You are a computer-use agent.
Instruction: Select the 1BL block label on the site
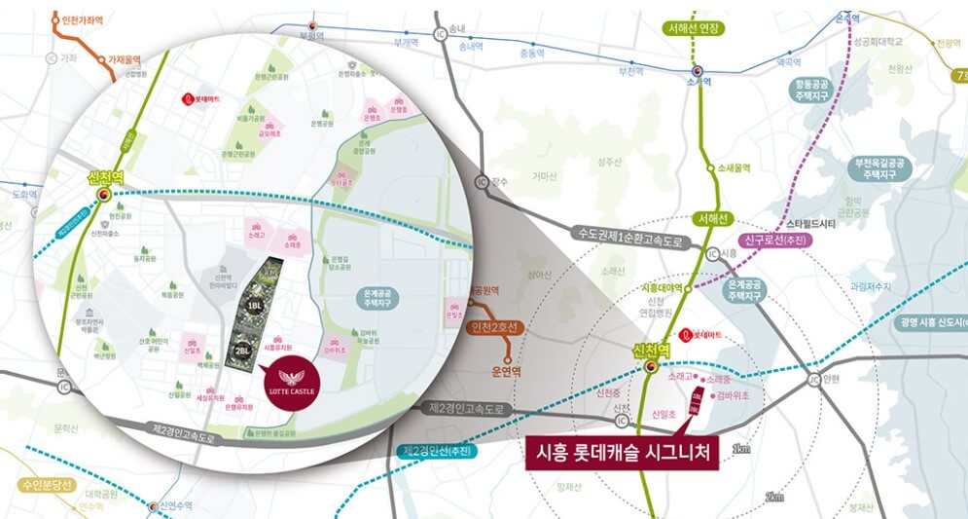coord(255,306)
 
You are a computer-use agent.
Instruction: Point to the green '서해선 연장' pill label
coord(693,29)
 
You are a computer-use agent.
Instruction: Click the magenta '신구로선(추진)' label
coord(774,240)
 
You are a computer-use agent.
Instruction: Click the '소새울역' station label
coord(736,167)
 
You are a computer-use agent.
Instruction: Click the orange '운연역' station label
coord(507,371)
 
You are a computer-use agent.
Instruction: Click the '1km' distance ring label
coord(741,449)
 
